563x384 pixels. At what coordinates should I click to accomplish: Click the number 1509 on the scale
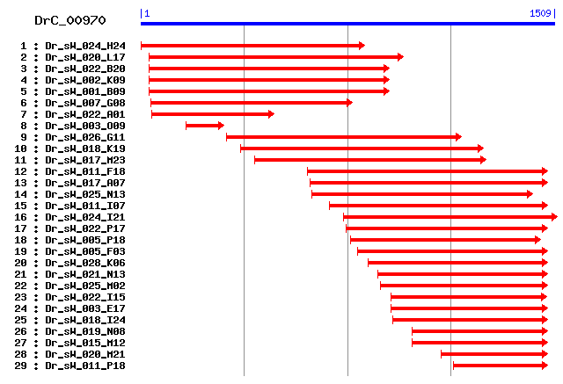pos(539,13)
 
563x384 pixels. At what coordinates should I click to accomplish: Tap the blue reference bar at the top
pos(347,24)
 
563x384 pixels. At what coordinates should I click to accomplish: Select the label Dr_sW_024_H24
pos(85,46)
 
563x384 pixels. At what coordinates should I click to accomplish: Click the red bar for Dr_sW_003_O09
pos(204,126)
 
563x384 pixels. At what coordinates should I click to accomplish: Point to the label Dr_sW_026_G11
pos(85,137)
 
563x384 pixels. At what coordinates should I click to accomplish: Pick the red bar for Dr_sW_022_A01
pos(212,114)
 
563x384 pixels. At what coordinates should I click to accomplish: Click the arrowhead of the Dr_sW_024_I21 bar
pos(553,217)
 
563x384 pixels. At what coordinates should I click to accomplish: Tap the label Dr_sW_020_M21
pos(85,354)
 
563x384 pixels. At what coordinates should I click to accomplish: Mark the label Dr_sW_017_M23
pos(85,160)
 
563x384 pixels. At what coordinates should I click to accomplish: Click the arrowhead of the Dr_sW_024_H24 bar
pos(361,46)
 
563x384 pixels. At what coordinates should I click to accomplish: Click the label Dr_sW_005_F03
pos(85,251)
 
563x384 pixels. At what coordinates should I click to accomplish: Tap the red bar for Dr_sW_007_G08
pos(251,103)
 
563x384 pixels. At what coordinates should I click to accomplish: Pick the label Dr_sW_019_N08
pos(85,331)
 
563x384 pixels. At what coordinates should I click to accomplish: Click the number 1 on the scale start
pos(147,13)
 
